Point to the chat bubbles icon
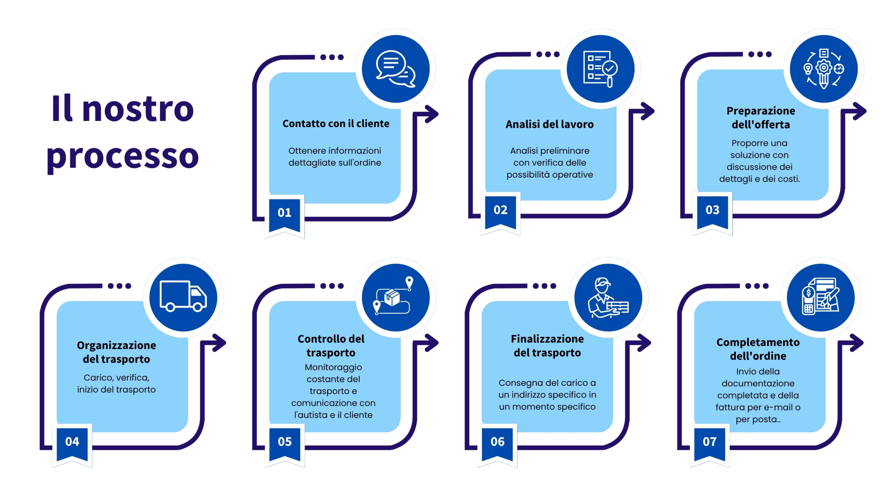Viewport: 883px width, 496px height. coord(396,69)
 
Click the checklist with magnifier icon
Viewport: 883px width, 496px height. coord(601,69)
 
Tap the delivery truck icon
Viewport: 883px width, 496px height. coord(183,296)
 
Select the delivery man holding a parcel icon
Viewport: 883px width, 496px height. coord(608,298)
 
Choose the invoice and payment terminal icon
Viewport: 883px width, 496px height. coord(821,296)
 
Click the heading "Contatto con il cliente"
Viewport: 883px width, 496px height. coord(336,124)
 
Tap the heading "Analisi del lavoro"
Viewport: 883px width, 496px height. coord(550,124)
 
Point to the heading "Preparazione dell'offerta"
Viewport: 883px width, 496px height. coord(761,118)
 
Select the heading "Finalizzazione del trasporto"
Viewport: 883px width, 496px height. coord(547,346)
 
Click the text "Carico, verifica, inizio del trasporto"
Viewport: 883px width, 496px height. coord(117,384)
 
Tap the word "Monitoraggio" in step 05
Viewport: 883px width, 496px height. coord(333,368)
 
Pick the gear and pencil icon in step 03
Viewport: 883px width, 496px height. coord(824,69)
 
